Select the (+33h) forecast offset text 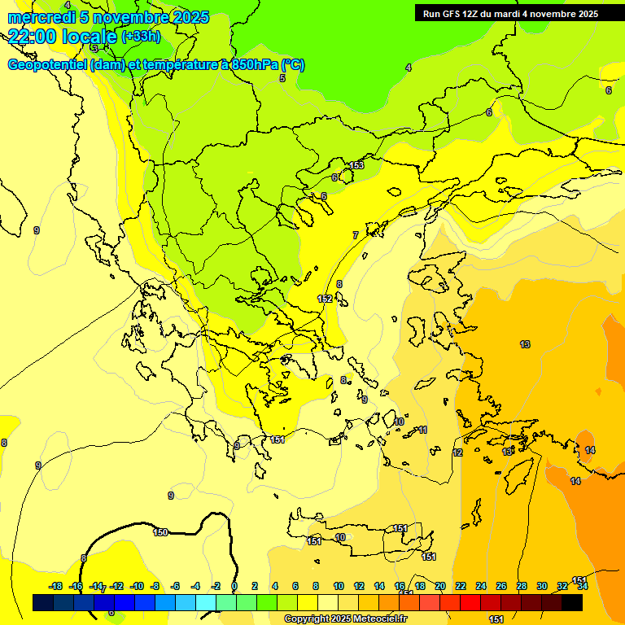[x=141, y=37]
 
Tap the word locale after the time [x=91, y=37]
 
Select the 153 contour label [x=356, y=166]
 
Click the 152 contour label [x=325, y=299]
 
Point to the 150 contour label [x=160, y=532]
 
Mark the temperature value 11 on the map [x=422, y=430]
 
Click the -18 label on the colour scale [x=56, y=586]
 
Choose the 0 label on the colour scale [x=234, y=586]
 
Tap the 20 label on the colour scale [x=439, y=586]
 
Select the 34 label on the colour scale [x=582, y=586]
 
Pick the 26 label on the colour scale [x=500, y=586]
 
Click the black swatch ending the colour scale [x=572, y=603]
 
